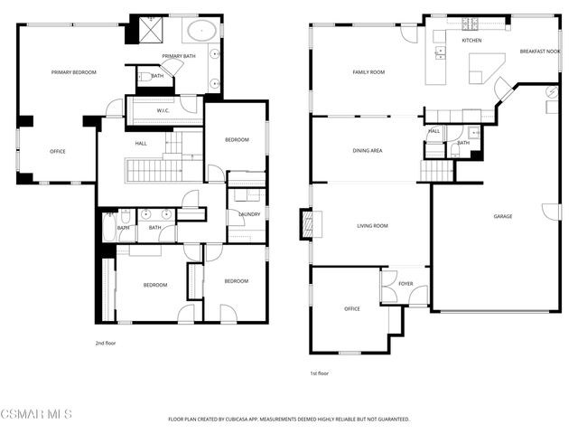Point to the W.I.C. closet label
[163, 111]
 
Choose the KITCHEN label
[471, 41]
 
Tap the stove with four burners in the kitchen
[471, 24]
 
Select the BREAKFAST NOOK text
[539, 52]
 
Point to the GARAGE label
[502, 217]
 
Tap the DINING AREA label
[368, 150]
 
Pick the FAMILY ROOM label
[368, 72]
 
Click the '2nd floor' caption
[106, 344]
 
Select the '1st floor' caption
[319, 373]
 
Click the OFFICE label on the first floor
[351, 309]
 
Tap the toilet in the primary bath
[144, 77]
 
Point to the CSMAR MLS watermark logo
[36, 415]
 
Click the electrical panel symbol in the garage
[552, 92]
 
